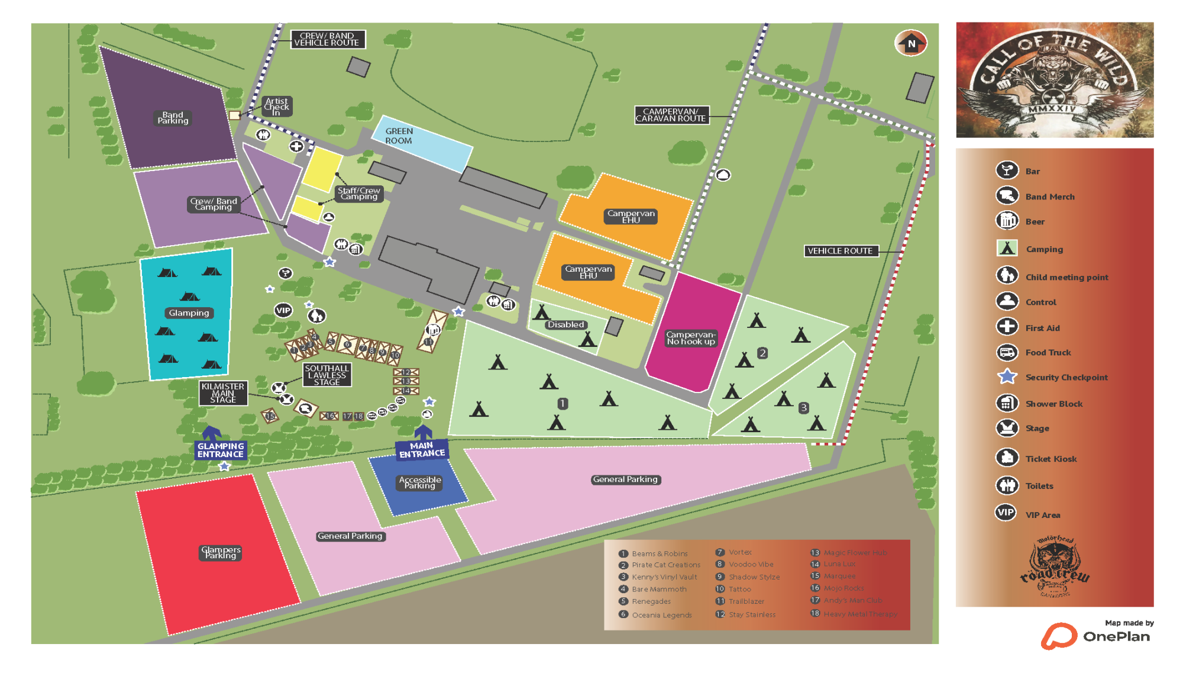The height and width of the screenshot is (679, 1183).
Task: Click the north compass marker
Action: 911,43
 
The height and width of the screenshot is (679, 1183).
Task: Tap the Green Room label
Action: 399,136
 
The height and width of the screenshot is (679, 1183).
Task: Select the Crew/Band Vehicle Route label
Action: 327,40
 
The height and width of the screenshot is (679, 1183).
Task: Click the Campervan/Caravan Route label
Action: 671,115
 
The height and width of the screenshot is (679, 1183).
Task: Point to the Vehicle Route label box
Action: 841,251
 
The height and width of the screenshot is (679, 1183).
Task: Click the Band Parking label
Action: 173,118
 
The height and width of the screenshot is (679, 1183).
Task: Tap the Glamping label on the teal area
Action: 189,313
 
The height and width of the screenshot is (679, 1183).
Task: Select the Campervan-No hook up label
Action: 691,338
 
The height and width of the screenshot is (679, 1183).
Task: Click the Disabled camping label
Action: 565,325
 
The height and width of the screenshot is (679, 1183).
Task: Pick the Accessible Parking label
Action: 420,482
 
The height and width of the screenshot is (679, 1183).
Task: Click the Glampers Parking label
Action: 221,552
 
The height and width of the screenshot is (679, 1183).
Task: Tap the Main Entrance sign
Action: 422,450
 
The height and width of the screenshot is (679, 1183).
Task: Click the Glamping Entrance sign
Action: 220,450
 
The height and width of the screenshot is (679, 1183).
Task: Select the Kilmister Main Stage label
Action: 223,393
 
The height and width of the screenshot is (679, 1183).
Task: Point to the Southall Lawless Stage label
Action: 327,375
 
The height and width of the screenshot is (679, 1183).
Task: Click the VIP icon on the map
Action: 283,310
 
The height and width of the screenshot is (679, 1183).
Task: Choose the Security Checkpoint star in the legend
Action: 1007,377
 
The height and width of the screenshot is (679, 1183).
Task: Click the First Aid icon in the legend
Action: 1007,327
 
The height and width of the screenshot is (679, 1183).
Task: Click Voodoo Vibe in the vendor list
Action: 751,565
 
